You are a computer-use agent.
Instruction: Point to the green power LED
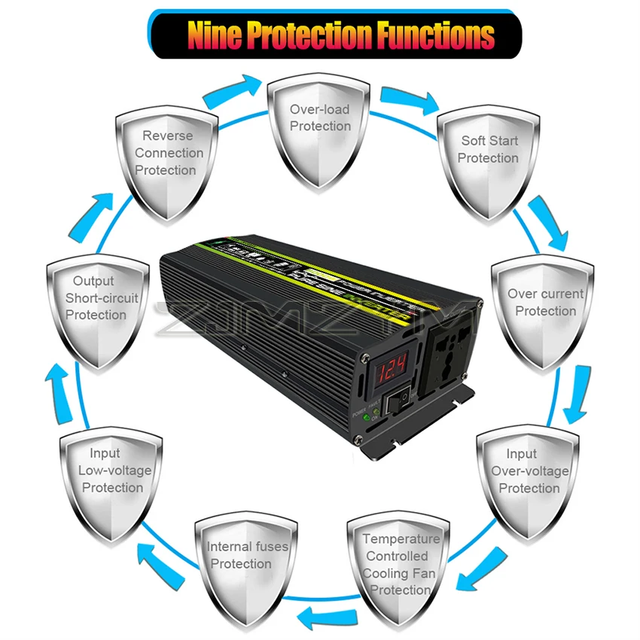(365, 416)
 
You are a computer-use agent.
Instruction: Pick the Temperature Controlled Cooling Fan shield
(399, 565)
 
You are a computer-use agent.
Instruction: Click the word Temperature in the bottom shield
(401, 539)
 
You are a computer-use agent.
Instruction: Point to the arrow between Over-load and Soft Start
(407, 98)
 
